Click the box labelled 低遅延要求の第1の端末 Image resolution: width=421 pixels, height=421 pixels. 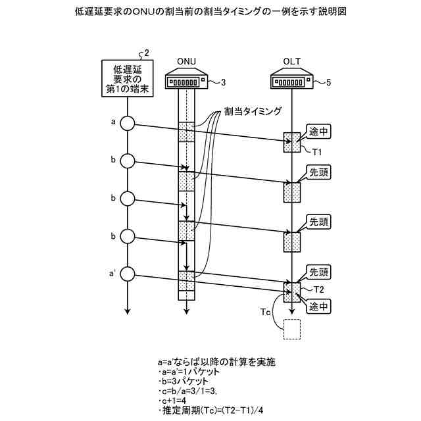(x=128, y=79)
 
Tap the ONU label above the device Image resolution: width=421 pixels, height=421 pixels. (x=187, y=62)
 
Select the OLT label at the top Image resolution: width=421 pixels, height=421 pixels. (x=291, y=62)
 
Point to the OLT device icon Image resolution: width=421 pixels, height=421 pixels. (x=291, y=82)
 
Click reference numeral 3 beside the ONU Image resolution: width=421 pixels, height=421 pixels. (x=223, y=82)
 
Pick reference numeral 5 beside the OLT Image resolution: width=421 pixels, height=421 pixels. (x=328, y=82)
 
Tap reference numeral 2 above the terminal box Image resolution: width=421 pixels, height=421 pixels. (x=146, y=52)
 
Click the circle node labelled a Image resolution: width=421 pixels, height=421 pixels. (x=128, y=124)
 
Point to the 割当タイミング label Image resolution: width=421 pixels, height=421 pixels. (x=253, y=111)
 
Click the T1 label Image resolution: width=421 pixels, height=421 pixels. (x=316, y=153)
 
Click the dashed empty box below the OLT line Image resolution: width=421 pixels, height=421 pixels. (x=291, y=329)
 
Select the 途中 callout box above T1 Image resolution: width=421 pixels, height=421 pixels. (x=319, y=131)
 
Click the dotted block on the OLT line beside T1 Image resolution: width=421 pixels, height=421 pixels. (x=291, y=142)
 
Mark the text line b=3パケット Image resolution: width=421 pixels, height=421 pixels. (x=185, y=381)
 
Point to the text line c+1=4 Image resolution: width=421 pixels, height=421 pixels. (x=174, y=401)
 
